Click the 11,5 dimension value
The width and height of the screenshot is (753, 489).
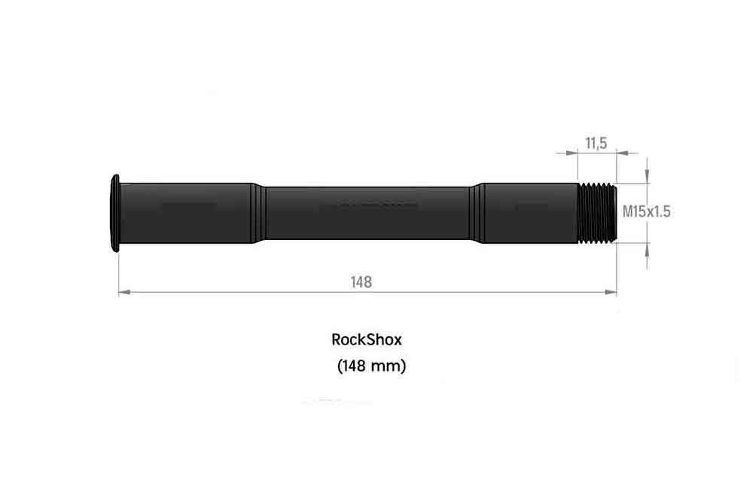[x=596, y=143]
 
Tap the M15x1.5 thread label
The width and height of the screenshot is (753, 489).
[x=646, y=211]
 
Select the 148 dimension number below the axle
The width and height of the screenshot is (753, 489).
[x=361, y=282]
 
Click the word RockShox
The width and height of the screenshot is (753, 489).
[x=367, y=340]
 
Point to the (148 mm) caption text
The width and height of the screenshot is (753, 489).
[x=372, y=366]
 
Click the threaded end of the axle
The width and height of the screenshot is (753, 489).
[x=597, y=213]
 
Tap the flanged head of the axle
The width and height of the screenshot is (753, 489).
[x=114, y=213]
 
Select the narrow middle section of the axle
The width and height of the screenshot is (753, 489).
[x=367, y=213]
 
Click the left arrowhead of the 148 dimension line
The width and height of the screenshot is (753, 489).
[x=124, y=292]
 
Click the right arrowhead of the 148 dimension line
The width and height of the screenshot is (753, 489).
[x=611, y=292]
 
